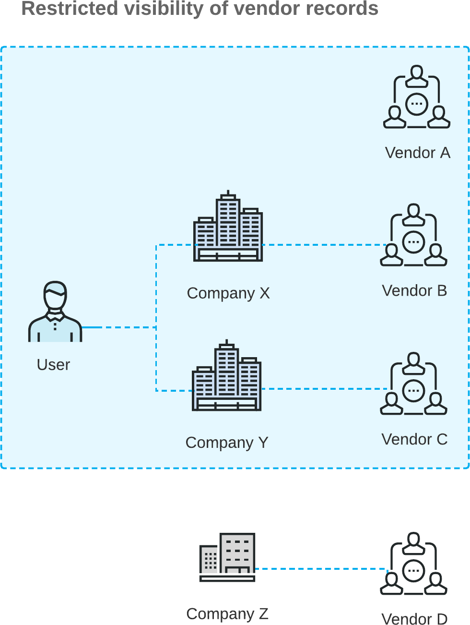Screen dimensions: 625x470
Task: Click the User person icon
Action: (x=55, y=312)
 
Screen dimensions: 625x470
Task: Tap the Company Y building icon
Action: (x=226, y=376)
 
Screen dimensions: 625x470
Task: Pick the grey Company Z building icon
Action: (x=227, y=557)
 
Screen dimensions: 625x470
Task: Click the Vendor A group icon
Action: (x=417, y=97)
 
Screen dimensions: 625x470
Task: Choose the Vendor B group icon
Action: (x=414, y=235)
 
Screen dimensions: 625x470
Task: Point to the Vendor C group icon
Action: (x=414, y=384)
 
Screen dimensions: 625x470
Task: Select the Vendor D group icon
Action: (x=414, y=564)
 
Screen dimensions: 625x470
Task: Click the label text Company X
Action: (x=228, y=293)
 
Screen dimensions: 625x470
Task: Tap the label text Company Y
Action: (x=227, y=442)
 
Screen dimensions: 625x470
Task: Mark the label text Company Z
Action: (x=227, y=613)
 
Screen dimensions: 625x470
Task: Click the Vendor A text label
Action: (x=417, y=153)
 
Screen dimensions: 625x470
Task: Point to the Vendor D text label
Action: (x=414, y=619)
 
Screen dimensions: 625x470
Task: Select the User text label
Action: (x=53, y=365)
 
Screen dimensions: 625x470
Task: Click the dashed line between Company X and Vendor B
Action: (x=324, y=245)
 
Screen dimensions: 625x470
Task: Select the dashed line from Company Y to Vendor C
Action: (x=324, y=389)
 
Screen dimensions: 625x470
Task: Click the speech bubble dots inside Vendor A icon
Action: (x=417, y=104)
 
